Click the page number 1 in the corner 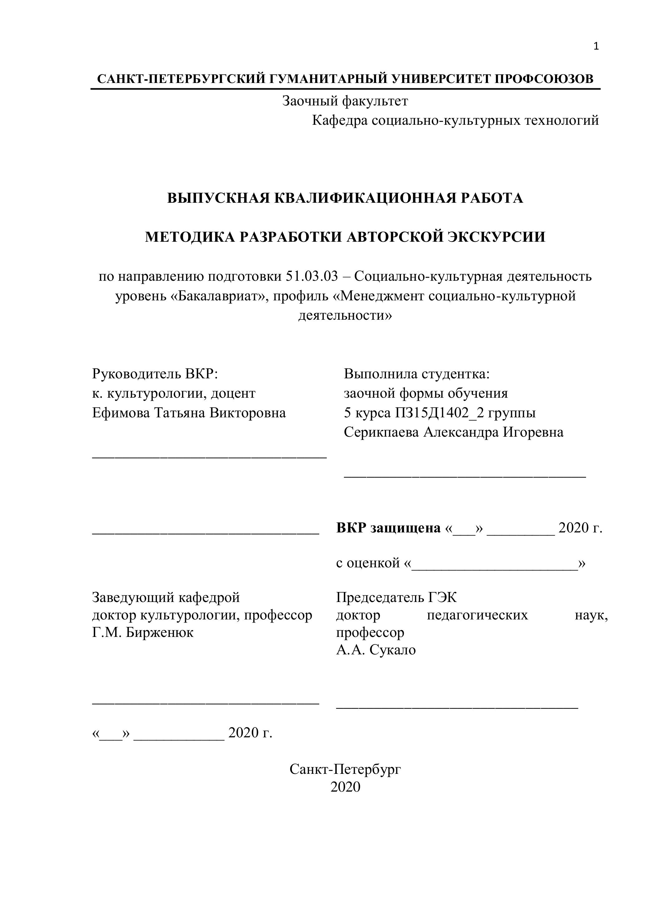tap(596, 46)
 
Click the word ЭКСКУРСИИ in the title tap(497, 237)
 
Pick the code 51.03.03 tap(311, 276)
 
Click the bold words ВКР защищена tap(388, 528)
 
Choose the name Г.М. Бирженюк tap(143, 632)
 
